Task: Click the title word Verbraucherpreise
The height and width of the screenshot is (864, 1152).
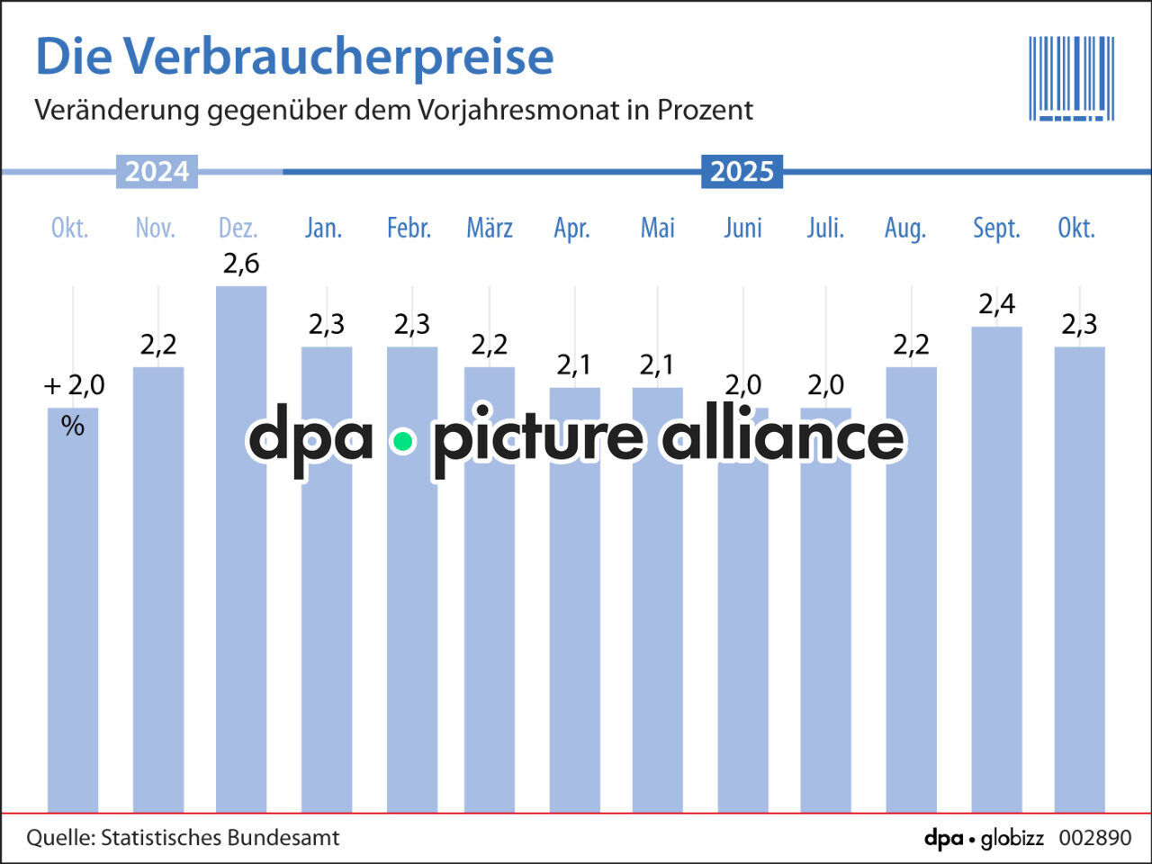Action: point(338,57)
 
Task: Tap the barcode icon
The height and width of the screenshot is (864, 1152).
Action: point(1071,78)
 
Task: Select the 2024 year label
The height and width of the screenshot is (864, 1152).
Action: point(157,171)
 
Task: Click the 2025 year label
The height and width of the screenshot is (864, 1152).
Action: point(742,171)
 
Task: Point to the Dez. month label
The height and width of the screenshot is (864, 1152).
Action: point(238,229)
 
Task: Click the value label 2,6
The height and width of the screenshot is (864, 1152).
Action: point(241,264)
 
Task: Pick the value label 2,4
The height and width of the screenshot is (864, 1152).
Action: point(996,305)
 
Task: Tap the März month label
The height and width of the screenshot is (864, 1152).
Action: point(490,229)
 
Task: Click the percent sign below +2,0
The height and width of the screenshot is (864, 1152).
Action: point(73,426)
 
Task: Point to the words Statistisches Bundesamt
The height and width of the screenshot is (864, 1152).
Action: point(220,838)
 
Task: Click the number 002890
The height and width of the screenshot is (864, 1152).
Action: point(1094,838)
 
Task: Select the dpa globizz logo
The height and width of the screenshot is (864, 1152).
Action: point(984,839)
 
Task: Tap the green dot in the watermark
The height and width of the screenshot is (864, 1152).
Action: point(403,441)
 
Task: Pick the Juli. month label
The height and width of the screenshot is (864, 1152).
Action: point(825,229)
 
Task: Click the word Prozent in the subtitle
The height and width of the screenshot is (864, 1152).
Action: point(705,110)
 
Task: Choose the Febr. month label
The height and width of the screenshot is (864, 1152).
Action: point(409,229)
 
